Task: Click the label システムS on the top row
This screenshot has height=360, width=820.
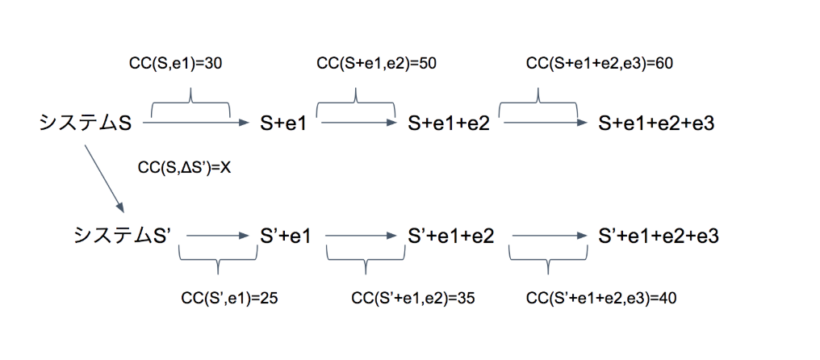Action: [85, 123]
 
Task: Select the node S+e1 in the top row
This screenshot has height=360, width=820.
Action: [284, 123]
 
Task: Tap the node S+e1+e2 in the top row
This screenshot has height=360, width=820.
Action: [449, 123]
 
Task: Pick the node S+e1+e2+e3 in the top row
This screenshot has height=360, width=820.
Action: [657, 123]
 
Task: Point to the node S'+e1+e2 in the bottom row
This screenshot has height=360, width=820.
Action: [451, 236]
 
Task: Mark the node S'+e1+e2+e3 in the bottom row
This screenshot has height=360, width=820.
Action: [659, 236]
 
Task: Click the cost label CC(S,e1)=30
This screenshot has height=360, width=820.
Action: [176, 64]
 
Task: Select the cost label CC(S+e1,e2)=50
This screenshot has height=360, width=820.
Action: [377, 64]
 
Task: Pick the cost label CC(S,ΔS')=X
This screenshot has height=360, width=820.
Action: [185, 168]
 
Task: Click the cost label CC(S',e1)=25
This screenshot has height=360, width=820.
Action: [219, 298]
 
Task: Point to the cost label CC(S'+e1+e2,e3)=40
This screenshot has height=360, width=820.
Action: [601, 298]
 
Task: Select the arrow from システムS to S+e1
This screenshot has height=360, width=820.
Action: [198, 123]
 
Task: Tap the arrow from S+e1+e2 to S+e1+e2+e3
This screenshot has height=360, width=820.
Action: [545, 123]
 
